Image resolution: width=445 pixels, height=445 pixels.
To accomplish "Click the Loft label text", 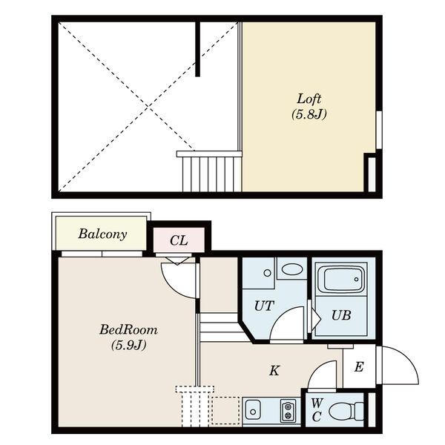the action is pyautogui.click(x=309, y=99).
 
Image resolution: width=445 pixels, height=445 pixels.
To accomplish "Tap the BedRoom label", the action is pyautogui.click(x=128, y=330).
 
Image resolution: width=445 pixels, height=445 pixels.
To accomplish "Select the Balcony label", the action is pyautogui.click(x=102, y=234).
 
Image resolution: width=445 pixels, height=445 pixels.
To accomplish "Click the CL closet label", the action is pyautogui.click(x=179, y=240).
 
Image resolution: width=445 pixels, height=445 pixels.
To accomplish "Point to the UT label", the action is pyautogui.click(x=264, y=306).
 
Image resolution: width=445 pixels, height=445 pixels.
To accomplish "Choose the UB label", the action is pyautogui.click(x=341, y=315).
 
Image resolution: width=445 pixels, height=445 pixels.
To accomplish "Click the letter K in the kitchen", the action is pyautogui.click(x=274, y=370).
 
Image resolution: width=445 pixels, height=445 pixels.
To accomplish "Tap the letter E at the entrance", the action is pyautogui.click(x=359, y=367).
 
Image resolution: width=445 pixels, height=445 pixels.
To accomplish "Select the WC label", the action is pyautogui.click(x=317, y=410).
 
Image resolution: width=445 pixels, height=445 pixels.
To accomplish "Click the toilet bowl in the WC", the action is pyautogui.click(x=346, y=411).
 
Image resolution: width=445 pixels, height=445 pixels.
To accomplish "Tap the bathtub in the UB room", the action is pyautogui.click(x=341, y=280).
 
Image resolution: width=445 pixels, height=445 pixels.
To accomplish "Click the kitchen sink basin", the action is pyautogui.click(x=253, y=409).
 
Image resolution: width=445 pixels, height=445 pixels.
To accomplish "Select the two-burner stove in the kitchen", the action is pyautogui.click(x=288, y=410).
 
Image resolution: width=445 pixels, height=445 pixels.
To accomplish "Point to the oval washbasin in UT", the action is pyautogui.click(x=292, y=269).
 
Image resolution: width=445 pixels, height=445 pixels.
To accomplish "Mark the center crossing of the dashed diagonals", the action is pyautogui.click(x=148, y=106).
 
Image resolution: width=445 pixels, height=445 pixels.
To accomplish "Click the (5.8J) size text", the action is pyautogui.click(x=309, y=114).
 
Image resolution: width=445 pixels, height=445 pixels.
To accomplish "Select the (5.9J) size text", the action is pyautogui.click(x=128, y=345).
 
